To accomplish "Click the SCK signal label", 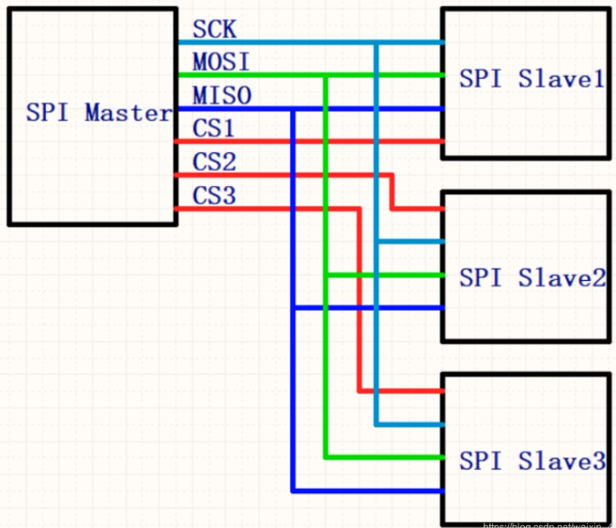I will click(214, 28).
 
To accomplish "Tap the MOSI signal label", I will click(222, 62).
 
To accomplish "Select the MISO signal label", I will click(222, 96).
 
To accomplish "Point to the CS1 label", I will click(214, 129).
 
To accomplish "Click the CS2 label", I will click(214, 162).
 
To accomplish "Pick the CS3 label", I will click(214, 195).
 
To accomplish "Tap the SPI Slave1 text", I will click(531, 79).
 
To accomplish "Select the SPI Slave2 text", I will click(531, 277).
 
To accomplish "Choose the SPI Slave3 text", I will click(531, 461).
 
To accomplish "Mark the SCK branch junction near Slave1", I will click(377, 42).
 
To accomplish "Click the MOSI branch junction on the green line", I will click(326, 75).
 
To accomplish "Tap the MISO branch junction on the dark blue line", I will click(294, 109).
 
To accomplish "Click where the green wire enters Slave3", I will click(441, 458).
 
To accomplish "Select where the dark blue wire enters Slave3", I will click(441, 490).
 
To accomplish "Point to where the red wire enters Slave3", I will click(441, 391).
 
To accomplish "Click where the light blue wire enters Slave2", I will click(441, 242).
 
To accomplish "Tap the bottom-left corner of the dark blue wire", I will click(294, 490).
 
